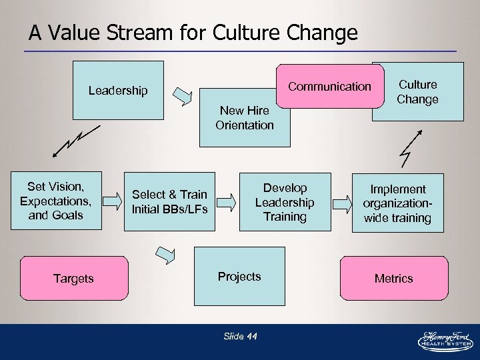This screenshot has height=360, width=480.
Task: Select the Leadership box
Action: pos(118,91)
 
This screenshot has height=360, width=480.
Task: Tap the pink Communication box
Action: pos(329,87)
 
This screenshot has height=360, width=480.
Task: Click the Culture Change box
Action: pos(418,92)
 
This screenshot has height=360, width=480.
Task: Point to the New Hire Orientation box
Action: pos(245,118)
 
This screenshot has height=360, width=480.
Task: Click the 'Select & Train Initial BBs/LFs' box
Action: pos(169,201)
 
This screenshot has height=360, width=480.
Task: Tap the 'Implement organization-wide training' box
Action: pos(397,203)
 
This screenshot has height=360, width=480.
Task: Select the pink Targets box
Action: pos(73,278)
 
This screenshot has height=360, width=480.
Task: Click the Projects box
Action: pos(239,276)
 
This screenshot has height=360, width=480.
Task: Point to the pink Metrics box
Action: pos(393,278)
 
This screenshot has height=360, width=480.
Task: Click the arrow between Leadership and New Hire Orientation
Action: pos(183,96)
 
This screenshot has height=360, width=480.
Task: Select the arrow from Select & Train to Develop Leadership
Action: pos(227,201)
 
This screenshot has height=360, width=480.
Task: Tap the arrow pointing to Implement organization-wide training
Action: pos(343,202)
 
